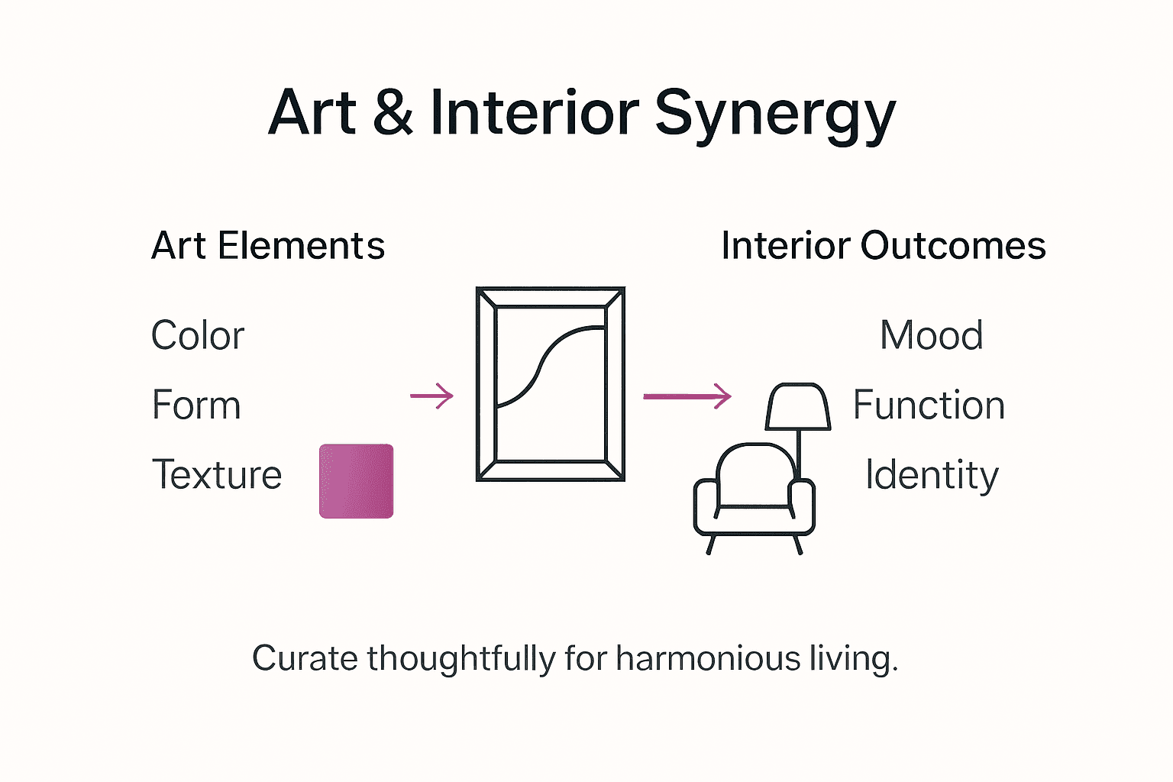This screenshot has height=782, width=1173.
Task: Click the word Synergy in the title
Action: (774, 115)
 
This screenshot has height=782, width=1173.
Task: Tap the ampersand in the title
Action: (393, 113)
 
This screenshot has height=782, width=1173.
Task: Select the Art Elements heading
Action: (268, 246)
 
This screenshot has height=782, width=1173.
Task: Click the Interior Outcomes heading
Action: (883, 246)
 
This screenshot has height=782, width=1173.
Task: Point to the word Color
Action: (198, 335)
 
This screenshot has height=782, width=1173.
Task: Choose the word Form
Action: (196, 405)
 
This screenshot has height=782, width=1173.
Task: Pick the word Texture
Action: (217, 474)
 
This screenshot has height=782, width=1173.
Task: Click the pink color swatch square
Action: (356, 481)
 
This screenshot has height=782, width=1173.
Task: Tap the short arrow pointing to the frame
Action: (432, 396)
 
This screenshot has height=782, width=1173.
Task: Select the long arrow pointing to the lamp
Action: (687, 396)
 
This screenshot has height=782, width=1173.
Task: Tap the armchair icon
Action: (754, 496)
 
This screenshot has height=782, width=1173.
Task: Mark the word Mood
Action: (931, 335)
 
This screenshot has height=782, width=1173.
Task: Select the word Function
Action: (929, 405)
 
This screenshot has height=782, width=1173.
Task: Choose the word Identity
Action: (932, 475)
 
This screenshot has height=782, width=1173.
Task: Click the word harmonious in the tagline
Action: (708, 658)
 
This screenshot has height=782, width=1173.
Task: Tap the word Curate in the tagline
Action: (305, 658)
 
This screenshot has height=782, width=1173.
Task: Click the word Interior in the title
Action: (534, 113)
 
